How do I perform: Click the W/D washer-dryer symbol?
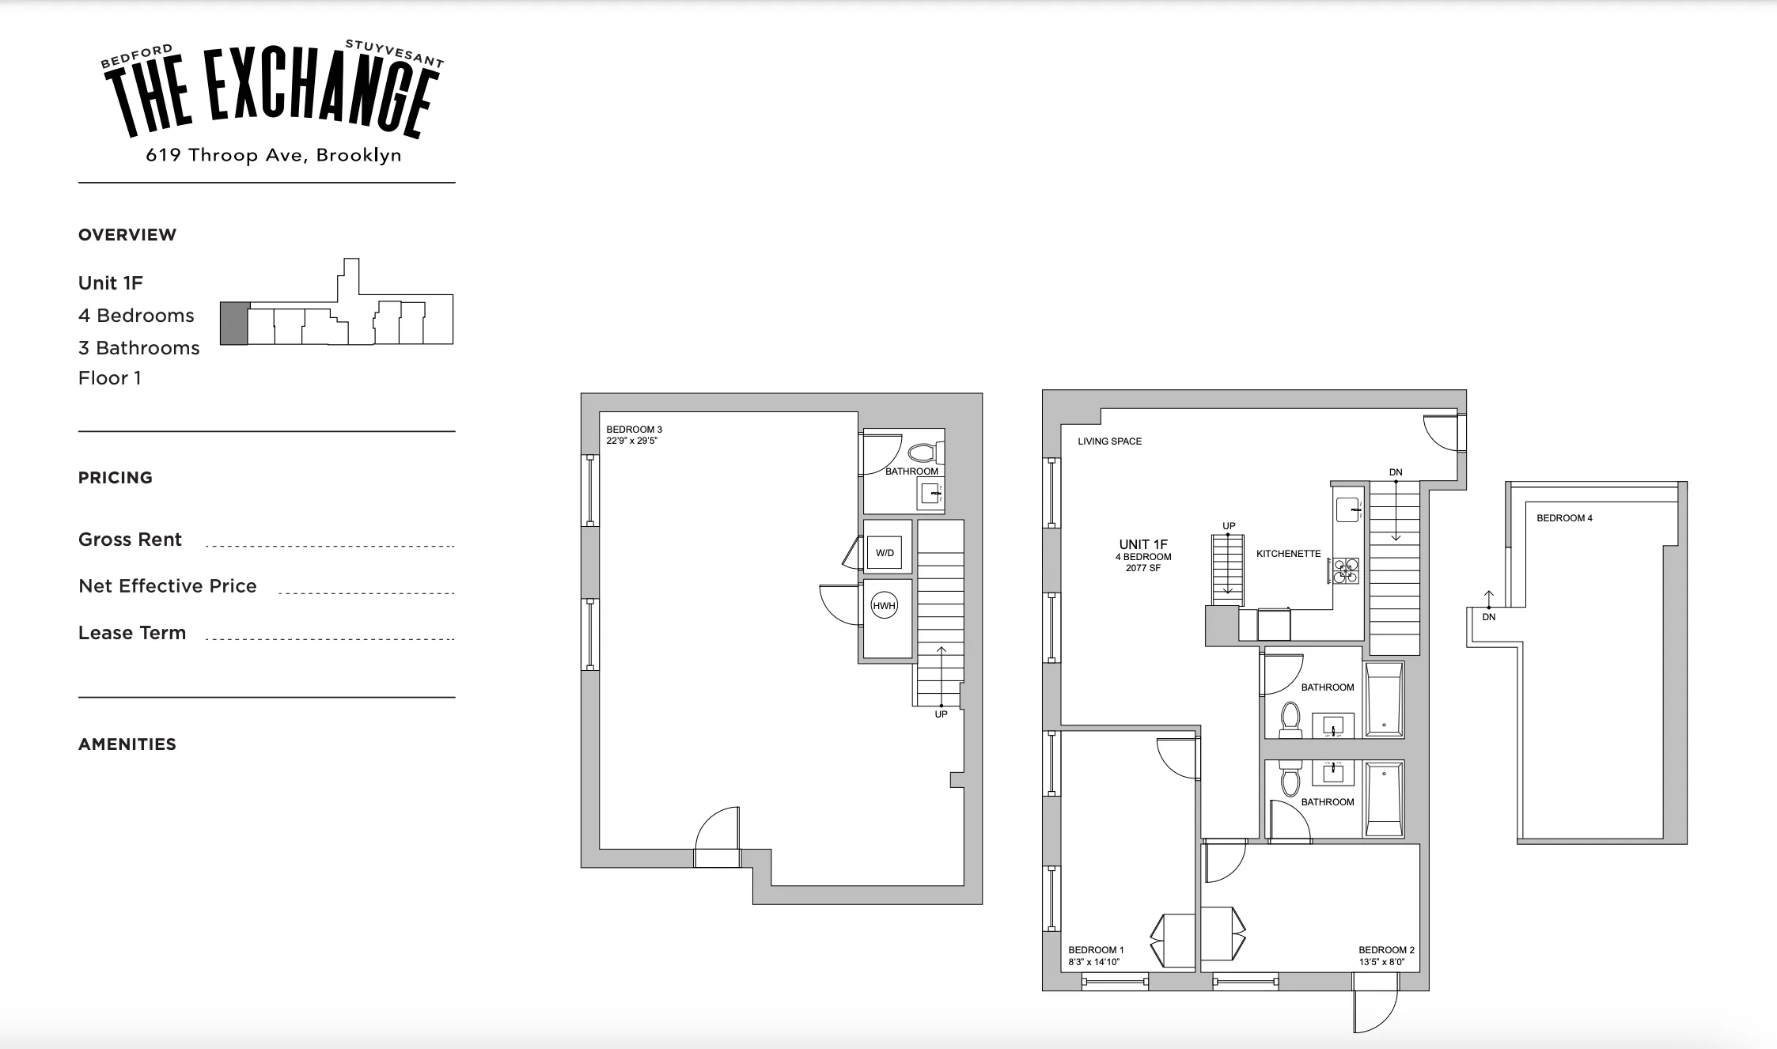pyautogui.click(x=885, y=553)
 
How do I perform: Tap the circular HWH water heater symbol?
pyautogui.click(x=884, y=606)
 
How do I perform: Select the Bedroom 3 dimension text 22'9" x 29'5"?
pyautogui.click(x=631, y=441)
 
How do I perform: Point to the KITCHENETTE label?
pyautogui.click(x=1288, y=554)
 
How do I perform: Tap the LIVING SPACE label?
pyautogui.click(x=1109, y=441)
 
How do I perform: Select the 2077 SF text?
pyautogui.click(x=1143, y=568)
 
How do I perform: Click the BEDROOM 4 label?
pyautogui.click(x=1564, y=518)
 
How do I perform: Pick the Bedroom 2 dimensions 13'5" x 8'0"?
pyautogui.click(x=1382, y=962)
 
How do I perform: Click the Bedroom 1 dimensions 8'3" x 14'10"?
pyautogui.click(x=1093, y=962)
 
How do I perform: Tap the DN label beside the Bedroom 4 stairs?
pyautogui.click(x=1488, y=617)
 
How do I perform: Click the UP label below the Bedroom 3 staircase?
pyautogui.click(x=941, y=714)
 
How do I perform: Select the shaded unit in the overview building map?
pyautogui.click(x=233, y=323)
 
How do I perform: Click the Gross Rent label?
pyautogui.click(x=130, y=540)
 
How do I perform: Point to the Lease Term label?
pyautogui.click(x=132, y=633)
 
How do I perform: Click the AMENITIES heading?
pyautogui.click(x=127, y=744)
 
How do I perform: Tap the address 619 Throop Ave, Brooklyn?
pyautogui.click(x=273, y=155)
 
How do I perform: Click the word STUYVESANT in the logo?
pyautogui.click(x=394, y=52)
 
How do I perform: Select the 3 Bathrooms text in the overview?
pyautogui.click(x=138, y=348)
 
